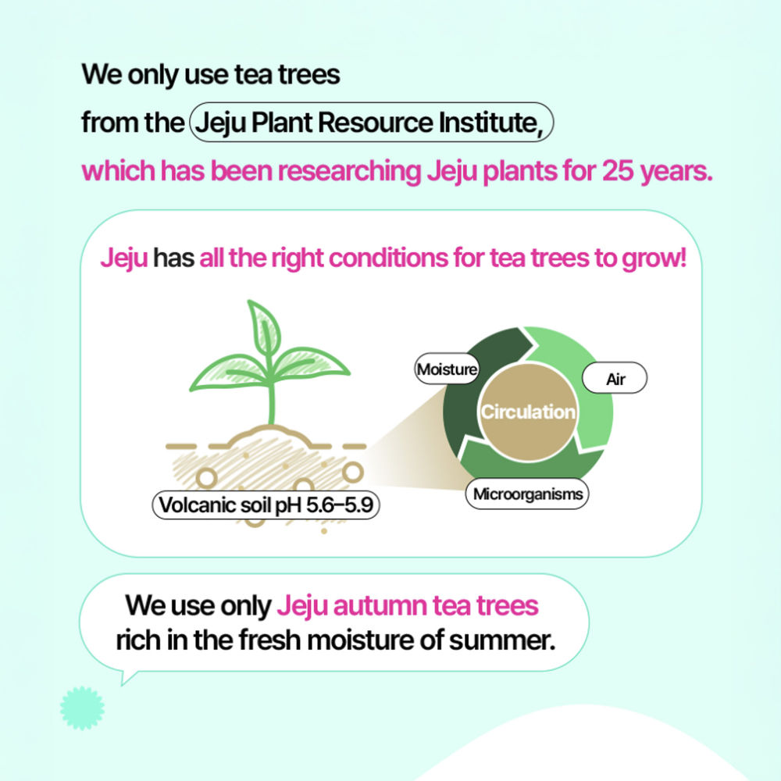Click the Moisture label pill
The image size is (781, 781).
click(447, 369)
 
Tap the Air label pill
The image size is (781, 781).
click(615, 378)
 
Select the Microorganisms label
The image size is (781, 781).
click(527, 494)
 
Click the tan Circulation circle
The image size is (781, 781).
click(528, 412)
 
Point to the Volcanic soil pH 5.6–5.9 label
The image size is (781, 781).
click(266, 505)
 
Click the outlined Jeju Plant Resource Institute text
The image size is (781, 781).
click(371, 122)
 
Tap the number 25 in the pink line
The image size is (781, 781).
click(618, 170)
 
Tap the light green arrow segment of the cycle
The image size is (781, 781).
click(583, 379)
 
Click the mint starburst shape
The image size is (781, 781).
click(82, 708)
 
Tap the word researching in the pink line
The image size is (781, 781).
click(349, 171)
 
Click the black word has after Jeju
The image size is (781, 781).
click(173, 258)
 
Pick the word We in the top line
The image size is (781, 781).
click(102, 75)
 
